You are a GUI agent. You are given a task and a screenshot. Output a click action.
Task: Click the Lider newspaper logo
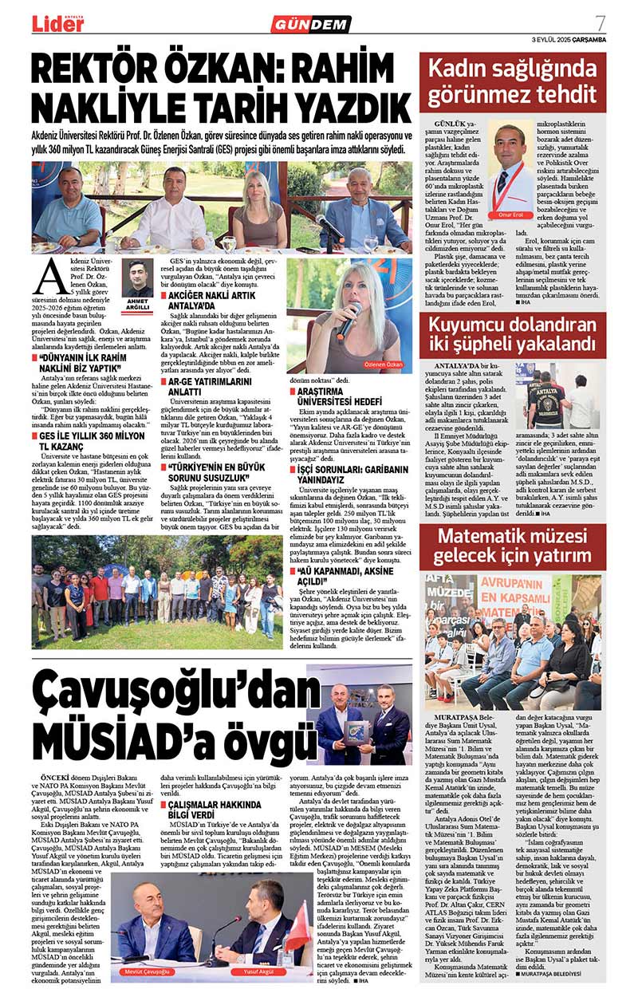(57, 23)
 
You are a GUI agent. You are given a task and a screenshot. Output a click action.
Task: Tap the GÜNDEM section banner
(311, 24)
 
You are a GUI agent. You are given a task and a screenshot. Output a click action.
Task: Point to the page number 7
(600, 22)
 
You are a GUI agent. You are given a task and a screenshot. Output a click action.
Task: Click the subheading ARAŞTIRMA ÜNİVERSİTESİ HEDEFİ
(350, 396)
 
